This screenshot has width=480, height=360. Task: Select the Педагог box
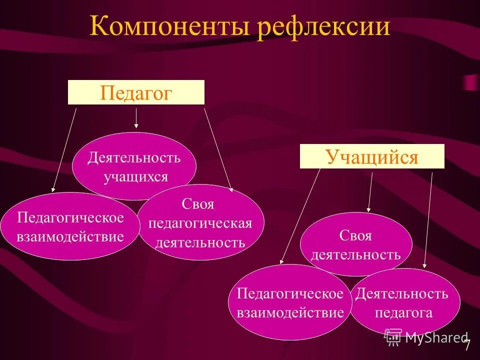(136, 92)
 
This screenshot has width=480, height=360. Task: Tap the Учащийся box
(372, 156)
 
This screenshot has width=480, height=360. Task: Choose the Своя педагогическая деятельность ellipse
(200, 223)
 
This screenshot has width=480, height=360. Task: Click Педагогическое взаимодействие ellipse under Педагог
(70, 226)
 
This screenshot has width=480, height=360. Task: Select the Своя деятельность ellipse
(356, 244)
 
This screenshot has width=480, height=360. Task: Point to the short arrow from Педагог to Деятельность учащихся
(136, 118)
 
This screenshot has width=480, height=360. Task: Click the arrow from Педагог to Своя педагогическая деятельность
(218, 150)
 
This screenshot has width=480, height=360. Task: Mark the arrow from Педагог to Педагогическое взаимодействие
(64, 150)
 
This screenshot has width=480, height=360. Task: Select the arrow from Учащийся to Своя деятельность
(370, 192)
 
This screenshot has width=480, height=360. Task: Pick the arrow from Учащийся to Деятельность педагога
(428, 220)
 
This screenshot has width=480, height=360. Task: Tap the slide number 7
(467, 345)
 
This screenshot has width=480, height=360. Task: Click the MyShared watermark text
(435, 337)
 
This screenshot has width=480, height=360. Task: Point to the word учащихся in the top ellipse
(135, 176)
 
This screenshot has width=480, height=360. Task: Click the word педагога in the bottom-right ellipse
(403, 313)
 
